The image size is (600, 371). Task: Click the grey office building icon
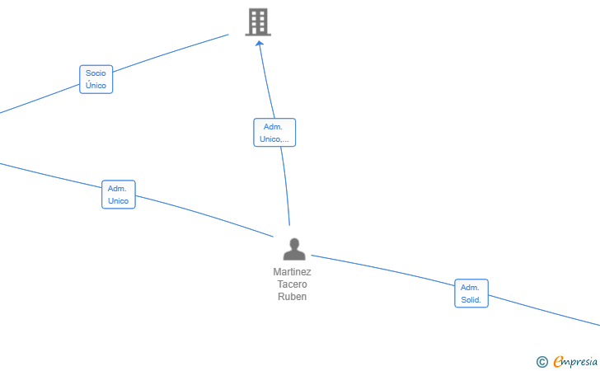(258, 22)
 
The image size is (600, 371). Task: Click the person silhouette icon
(294, 249)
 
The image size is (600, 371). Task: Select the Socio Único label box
(96, 79)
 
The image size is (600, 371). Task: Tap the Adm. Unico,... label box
(274, 133)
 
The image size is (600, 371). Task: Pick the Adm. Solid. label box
(471, 294)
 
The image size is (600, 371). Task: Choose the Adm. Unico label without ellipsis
(119, 195)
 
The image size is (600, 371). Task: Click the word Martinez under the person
(292, 272)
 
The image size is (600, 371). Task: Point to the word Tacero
(292, 284)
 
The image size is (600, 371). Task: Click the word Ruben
(292, 297)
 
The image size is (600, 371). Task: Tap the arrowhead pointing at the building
(260, 44)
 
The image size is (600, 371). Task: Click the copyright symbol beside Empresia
(542, 362)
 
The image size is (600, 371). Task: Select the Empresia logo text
(575, 362)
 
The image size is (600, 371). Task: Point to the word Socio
(96, 73)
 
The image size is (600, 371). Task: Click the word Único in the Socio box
(96, 86)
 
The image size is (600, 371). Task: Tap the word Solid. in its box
(471, 300)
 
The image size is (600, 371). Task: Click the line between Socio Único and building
(171, 53)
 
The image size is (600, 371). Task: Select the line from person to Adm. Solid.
(382, 270)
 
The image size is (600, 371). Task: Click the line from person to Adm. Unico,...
(286, 185)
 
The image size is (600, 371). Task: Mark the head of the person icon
(294, 243)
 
